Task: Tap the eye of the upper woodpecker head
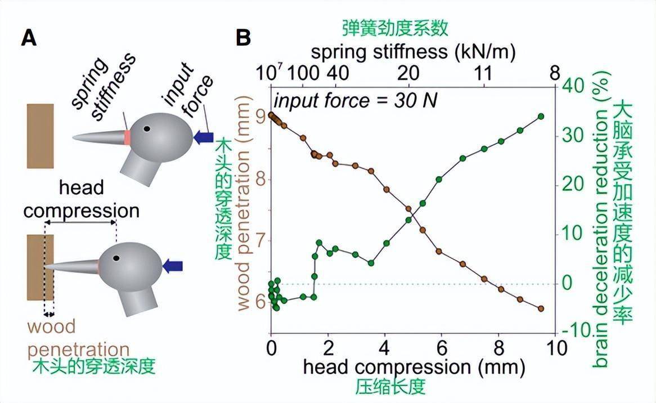(147, 128)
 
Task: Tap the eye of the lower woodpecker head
(116, 257)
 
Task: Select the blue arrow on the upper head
(203, 137)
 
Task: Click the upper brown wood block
(40, 136)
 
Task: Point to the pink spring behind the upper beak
(128, 137)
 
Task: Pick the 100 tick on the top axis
(306, 74)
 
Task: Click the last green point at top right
(541, 117)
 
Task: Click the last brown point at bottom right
(541, 308)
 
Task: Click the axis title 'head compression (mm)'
(414, 367)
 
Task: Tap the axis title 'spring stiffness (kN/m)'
(413, 52)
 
